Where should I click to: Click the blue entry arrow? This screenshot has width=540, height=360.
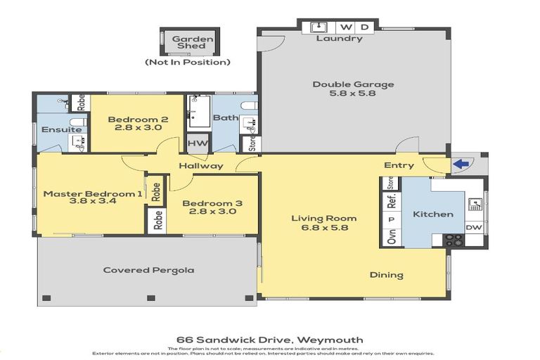click(x=461, y=165)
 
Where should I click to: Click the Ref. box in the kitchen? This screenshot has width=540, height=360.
click(x=392, y=200)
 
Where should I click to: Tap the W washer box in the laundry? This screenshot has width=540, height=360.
click(x=346, y=27)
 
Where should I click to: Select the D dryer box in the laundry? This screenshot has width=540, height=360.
click(x=364, y=27)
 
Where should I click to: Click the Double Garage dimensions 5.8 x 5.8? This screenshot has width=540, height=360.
click(x=353, y=94)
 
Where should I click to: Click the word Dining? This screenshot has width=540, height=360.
click(x=386, y=275)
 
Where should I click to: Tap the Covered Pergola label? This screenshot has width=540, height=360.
click(x=148, y=270)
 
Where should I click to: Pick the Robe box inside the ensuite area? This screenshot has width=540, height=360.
click(x=80, y=103)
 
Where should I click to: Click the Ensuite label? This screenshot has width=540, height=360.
click(x=56, y=129)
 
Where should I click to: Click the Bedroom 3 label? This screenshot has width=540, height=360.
click(x=212, y=204)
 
